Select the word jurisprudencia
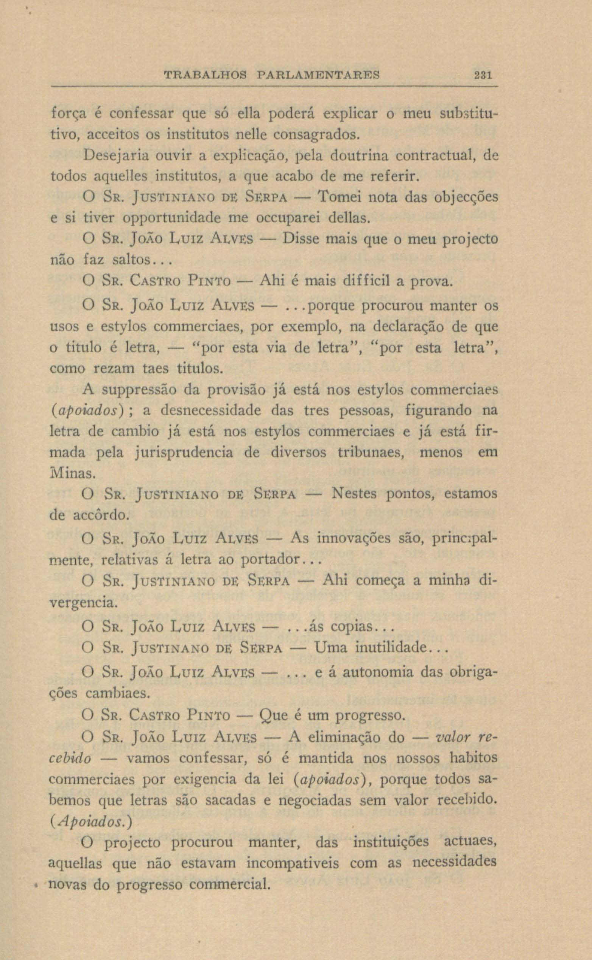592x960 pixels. point(184,453)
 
